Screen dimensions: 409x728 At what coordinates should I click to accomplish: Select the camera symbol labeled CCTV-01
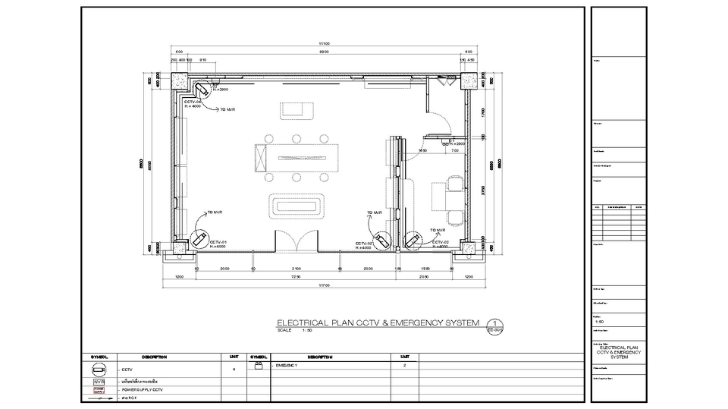(199, 240)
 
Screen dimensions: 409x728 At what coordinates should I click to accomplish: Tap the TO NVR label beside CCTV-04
(227, 110)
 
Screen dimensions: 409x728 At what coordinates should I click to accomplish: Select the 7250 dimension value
(296, 277)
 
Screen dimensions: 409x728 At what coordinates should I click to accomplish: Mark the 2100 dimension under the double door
(297, 269)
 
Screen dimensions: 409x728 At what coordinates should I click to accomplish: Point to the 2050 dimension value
(424, 277)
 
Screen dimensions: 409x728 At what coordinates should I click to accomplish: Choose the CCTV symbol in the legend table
(99, 370)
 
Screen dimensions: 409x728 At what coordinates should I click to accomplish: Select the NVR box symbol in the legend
(99, 380)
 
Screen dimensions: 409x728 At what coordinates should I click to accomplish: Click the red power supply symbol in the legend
(99, 389)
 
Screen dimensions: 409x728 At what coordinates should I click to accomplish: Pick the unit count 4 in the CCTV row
(234, 370)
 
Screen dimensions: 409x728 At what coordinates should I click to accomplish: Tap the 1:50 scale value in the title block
(600, 322)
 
